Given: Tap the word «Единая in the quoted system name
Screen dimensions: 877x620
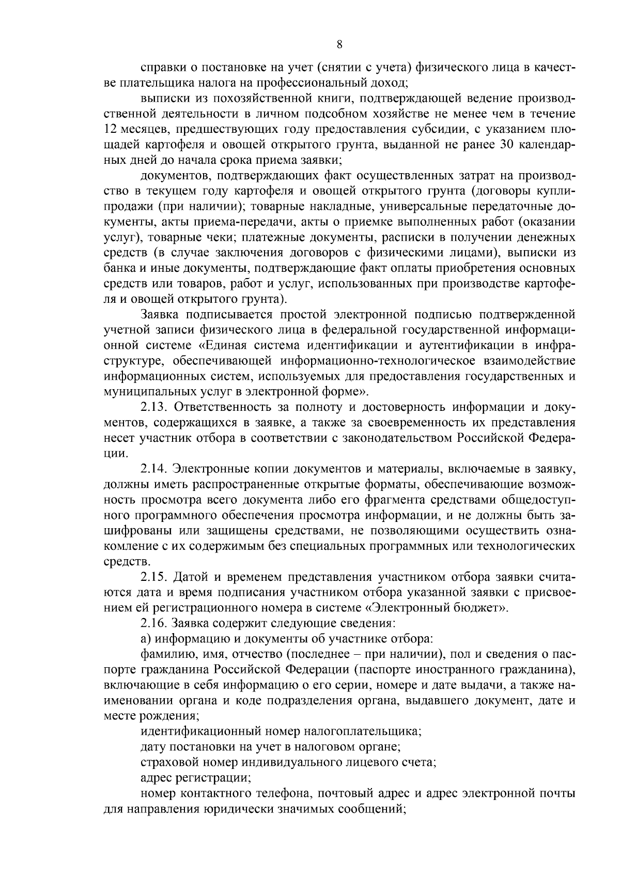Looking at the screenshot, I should (221, 344).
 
